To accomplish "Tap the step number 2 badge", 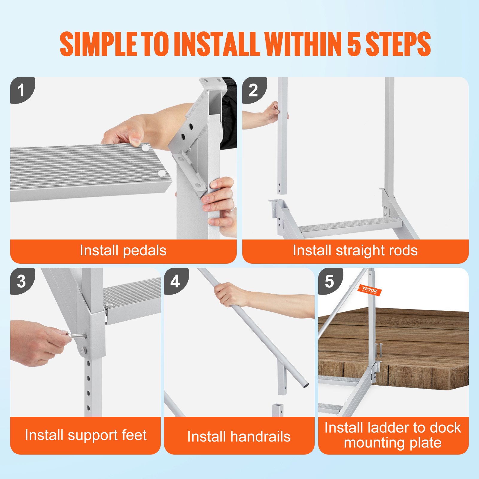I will click(253, 90).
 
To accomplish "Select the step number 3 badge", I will click(21, 281).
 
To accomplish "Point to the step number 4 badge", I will click(175, 281).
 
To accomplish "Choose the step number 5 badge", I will click(329, 281).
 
